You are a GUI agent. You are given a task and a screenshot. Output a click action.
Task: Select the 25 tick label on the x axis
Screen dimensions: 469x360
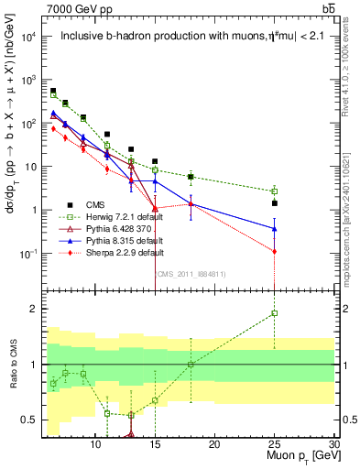[274, 444]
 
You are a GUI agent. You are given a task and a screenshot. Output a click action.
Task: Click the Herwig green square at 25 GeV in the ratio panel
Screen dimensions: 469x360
[274, 313]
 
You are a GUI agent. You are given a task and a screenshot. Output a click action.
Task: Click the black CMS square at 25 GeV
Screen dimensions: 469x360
[274, 203]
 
